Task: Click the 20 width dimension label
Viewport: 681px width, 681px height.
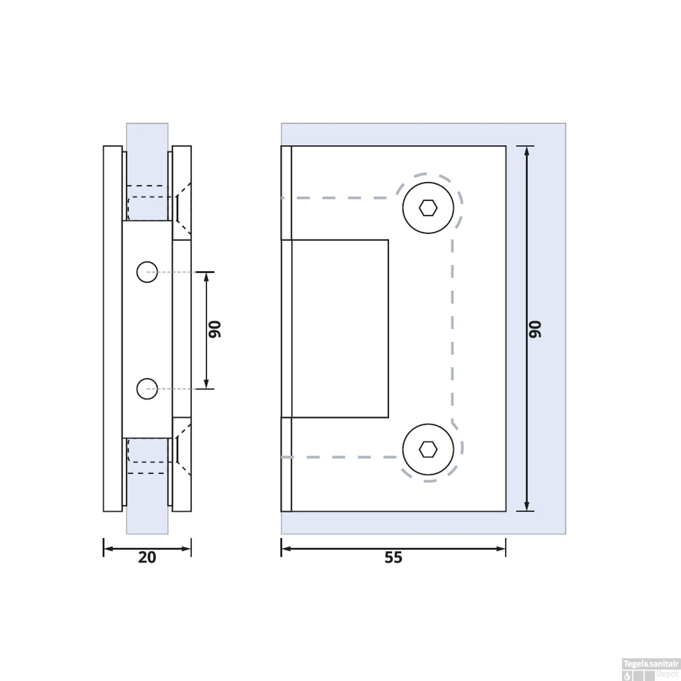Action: point(147,558)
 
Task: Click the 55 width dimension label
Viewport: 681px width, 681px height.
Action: point(393,558)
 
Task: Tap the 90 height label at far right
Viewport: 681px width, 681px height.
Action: point(535,329)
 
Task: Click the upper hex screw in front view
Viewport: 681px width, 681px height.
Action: point(428,208)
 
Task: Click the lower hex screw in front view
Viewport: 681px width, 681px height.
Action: point(428,449)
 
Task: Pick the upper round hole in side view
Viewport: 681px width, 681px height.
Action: point(147,272)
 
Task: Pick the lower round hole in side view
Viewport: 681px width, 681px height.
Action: point(147,389)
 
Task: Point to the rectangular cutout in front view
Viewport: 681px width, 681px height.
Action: point(340,328)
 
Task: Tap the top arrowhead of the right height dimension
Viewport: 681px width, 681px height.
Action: point(527,151)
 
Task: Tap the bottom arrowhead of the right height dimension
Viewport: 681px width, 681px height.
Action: point(527,506)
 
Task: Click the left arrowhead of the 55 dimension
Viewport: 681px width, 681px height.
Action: point(286,549)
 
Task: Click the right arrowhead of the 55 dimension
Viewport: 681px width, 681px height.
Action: point(501,549)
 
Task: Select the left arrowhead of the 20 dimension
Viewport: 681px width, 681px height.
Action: point(108,549)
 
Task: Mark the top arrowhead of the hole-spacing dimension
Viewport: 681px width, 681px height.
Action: point(207,277)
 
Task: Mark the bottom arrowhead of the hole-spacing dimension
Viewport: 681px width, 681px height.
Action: point(207,384)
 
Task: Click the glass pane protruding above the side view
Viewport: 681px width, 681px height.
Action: point(147,134)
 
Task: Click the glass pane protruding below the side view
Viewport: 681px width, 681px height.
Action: point(147,522)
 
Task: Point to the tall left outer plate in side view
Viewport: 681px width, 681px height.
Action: point(113,328)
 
